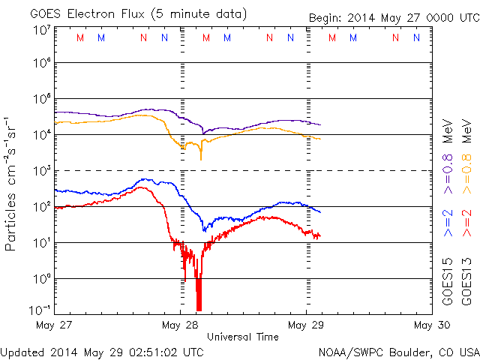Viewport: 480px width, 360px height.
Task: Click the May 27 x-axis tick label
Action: click(x=55, y=325)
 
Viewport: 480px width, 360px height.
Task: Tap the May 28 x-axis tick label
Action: click(x=181, y=325)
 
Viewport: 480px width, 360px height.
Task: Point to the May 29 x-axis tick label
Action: click(x=307, y=325)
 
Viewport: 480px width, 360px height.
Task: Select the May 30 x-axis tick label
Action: click(x=432, y=325)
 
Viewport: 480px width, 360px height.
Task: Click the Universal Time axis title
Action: click(x=243, y=337)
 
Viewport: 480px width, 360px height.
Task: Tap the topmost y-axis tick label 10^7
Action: click(x=41, y=29)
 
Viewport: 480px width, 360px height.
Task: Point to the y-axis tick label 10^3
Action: click(x=41, y=171)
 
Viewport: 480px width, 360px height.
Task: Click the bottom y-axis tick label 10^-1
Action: click(x=40, y=309)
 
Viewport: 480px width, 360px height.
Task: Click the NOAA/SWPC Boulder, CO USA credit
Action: click(x=398, y=352)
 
